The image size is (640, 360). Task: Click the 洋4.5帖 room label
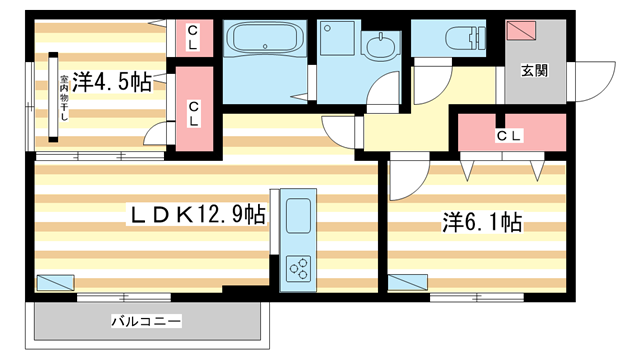pyautogui.click(x=110, y=81)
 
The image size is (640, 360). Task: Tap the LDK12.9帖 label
pyautogui.click(x=195, y=214)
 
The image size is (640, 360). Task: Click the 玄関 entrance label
pyautogui.click(x=534, y=71)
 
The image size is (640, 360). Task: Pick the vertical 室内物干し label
pyautogui.click(x=62, y=97)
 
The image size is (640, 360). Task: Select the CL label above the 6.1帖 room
pyautogui.click(x=508, y=136)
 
